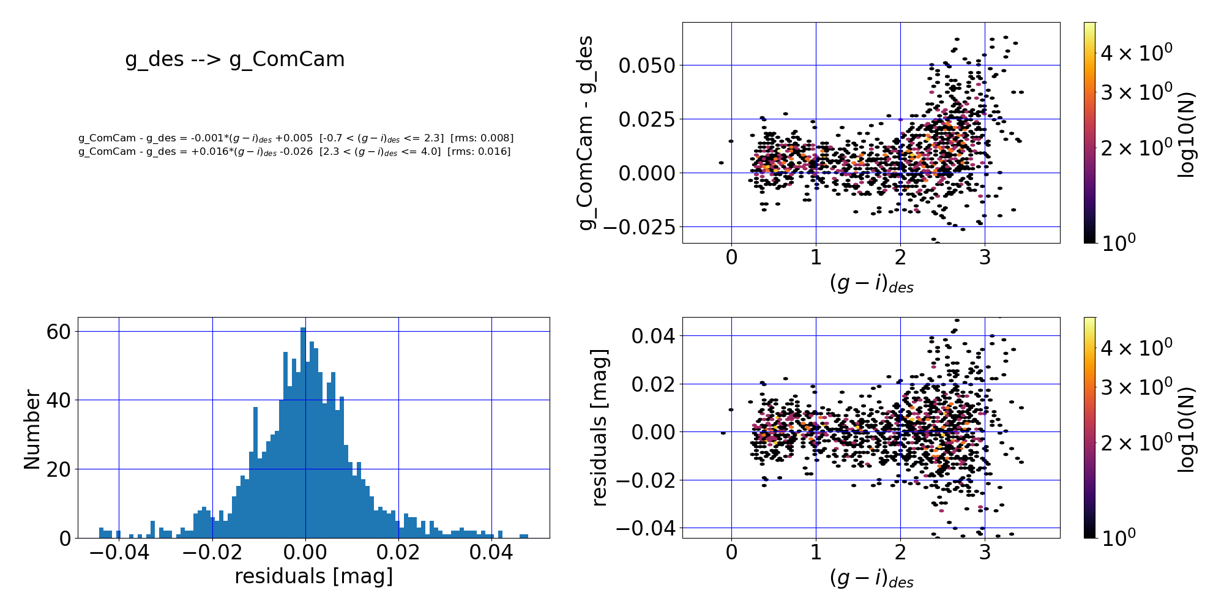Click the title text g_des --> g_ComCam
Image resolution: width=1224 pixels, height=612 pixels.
[x=235, y=59]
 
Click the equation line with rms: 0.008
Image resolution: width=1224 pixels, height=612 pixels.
[x=296, y=138]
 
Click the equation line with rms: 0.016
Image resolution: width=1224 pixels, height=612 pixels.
[x=294, y=151]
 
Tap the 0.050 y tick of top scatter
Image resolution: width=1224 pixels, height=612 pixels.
[x=646, y=65]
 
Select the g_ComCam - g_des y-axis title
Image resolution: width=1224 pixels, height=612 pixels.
[x=586, y=133]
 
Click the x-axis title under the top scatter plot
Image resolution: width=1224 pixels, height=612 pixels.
[x=871, y=283]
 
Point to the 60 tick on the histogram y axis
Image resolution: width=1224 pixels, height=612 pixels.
[x=59, y=332]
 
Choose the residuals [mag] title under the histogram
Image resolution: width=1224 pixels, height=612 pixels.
[x=313, y=577]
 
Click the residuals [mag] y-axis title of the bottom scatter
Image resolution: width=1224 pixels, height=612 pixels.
[x=599, y=428]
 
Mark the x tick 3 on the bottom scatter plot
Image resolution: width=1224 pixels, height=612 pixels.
[x=984, y=552]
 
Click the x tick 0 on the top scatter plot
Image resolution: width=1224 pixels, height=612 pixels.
[x=731, y=257]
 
